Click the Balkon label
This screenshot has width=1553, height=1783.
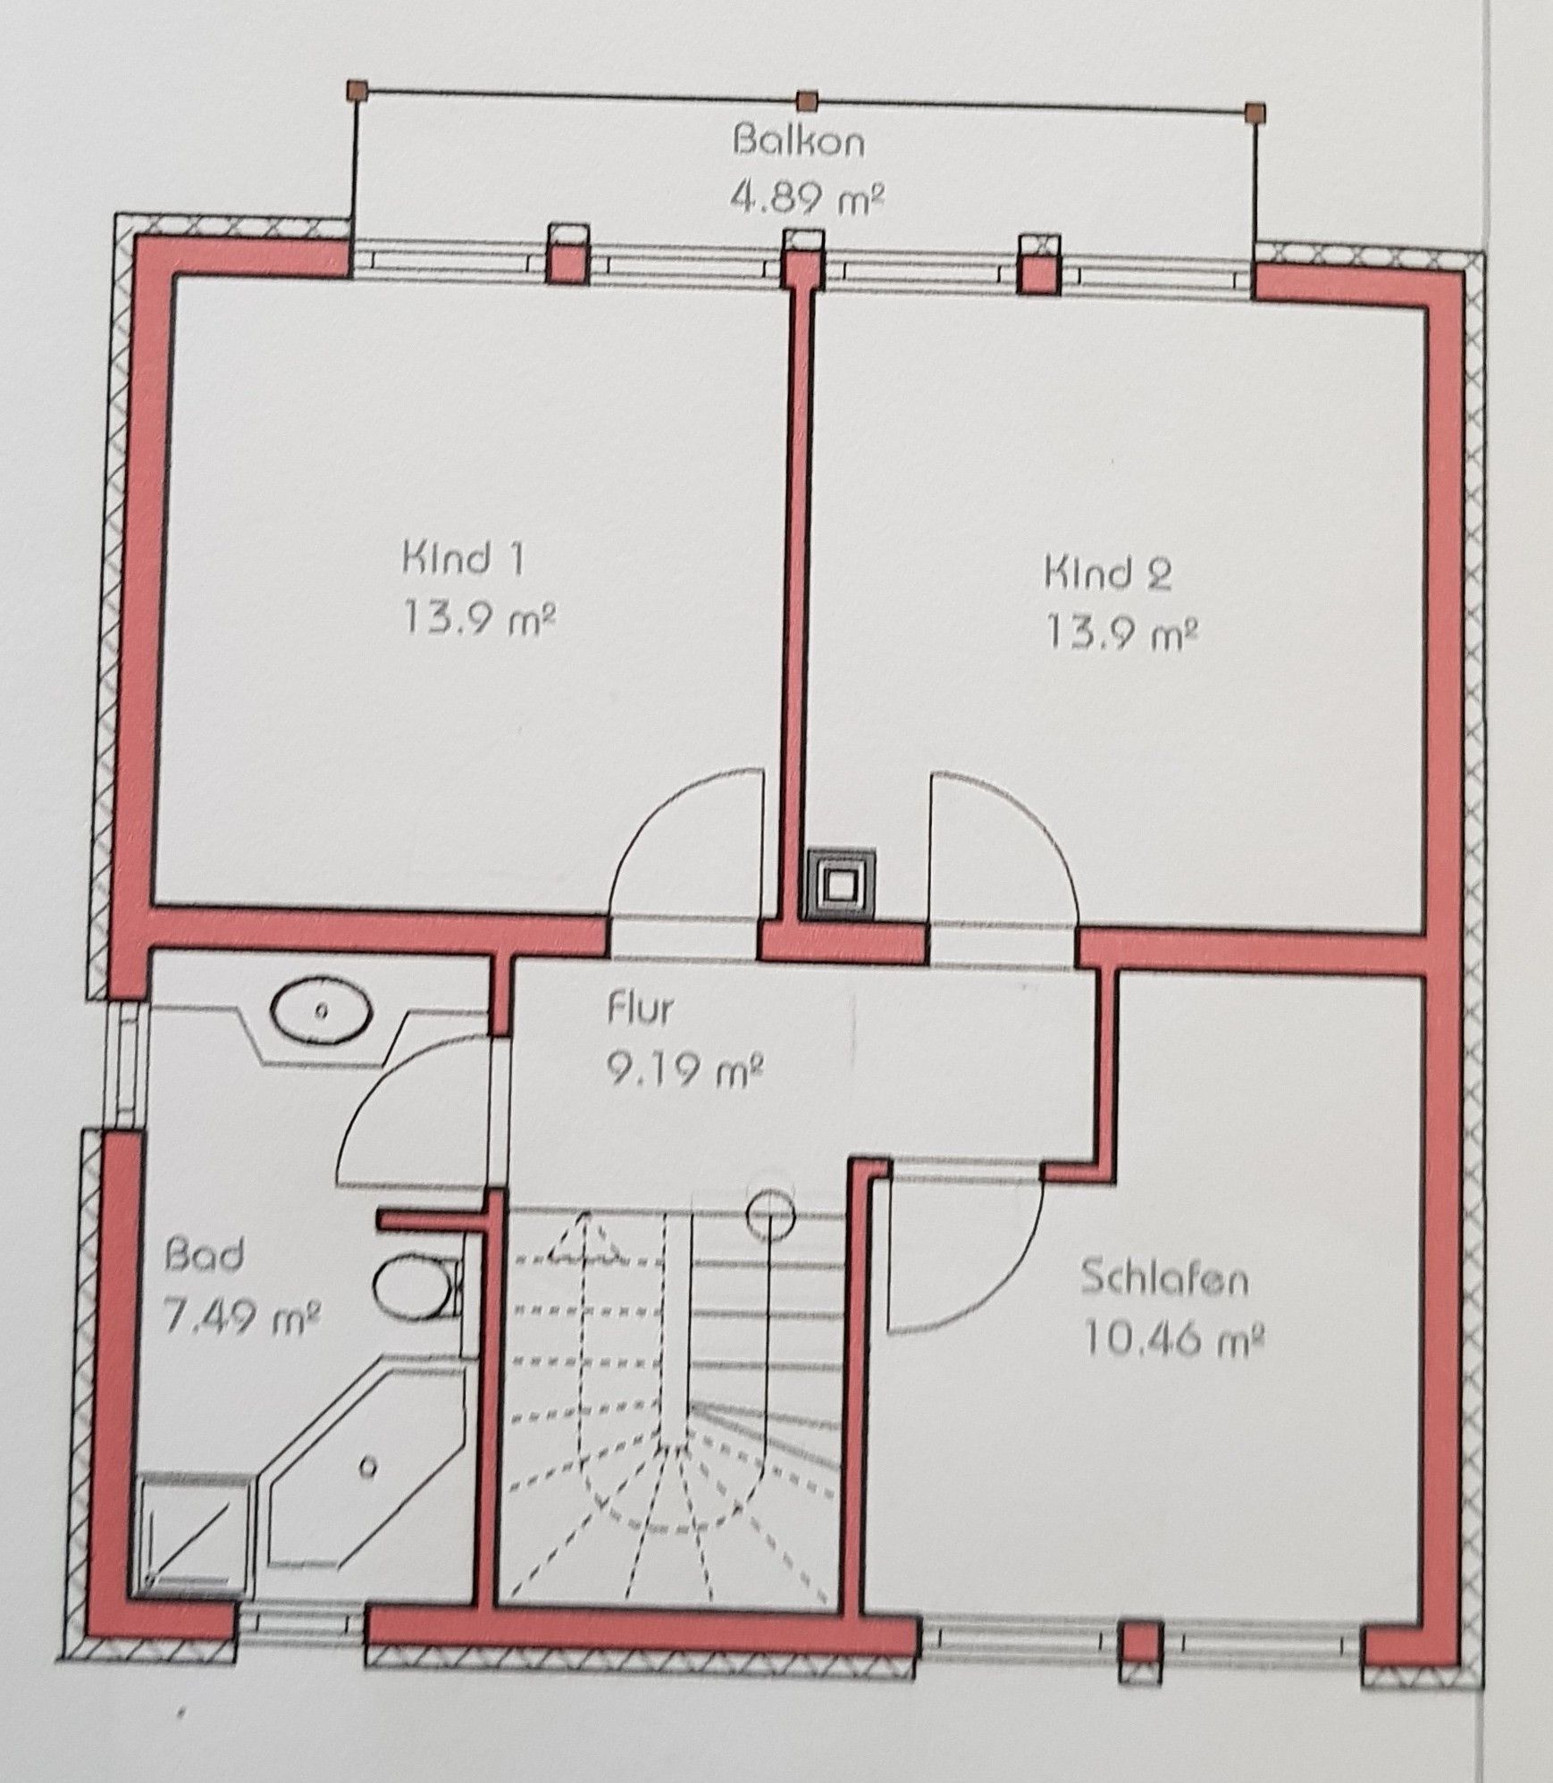[x=798, y=142]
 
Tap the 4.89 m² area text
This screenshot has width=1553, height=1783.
[x=807, y=197]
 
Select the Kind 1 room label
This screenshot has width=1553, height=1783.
[x=463, y=559]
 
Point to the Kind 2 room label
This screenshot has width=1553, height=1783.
[x=1107, y=573]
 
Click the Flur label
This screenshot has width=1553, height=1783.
[x=640, y=1009]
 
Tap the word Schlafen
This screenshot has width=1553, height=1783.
[x=1164, y=1279]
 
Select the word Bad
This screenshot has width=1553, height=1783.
[x=204, y=1255]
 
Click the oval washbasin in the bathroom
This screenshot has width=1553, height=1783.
[x=322, y=1012]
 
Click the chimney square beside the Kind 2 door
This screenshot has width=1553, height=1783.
[x=840, y=886]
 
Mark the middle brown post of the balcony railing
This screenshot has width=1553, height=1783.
[x=807, y=99]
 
